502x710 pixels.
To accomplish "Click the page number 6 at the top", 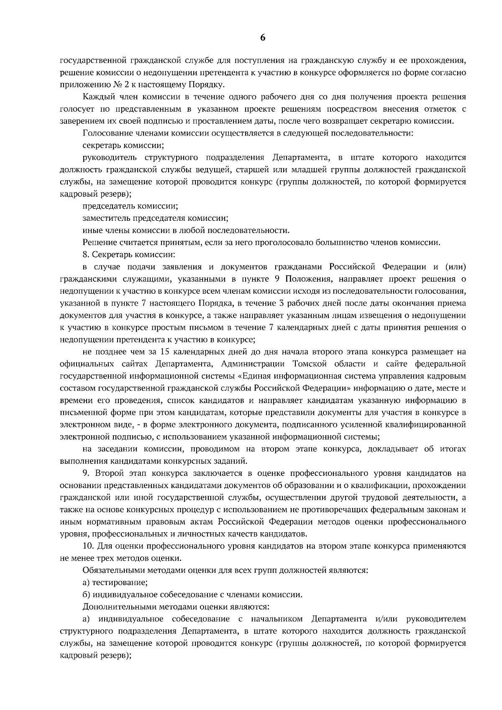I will coord(262,38).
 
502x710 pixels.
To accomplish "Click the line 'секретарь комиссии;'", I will coord(123,146).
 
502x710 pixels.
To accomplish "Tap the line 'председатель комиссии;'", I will coord(130,206).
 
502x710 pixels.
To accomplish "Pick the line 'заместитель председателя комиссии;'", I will coord(155,218).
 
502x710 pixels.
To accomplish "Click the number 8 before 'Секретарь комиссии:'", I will coord(85,255).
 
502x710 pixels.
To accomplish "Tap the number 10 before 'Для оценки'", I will coord(88,546).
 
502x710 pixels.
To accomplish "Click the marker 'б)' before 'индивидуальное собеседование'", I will coord(86,595).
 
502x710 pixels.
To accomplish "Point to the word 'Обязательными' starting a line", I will coord(109,570).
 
